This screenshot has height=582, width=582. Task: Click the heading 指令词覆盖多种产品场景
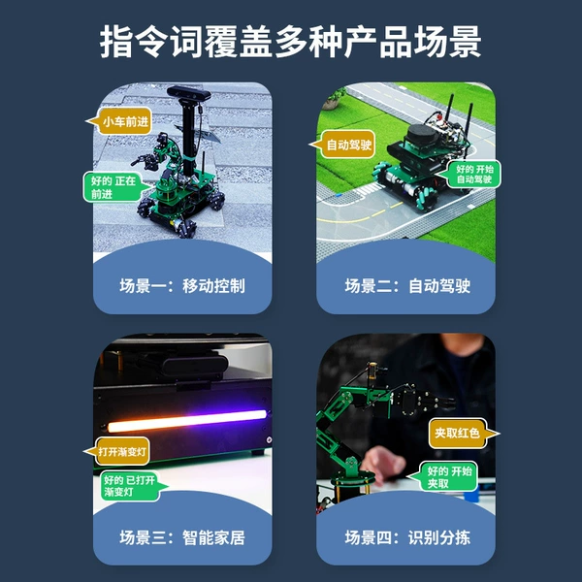point(291,42)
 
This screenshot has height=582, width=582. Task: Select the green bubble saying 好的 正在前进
point(115,187)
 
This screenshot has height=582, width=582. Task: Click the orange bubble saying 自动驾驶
point(343,144)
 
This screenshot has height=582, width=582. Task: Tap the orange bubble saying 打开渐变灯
point(118,451)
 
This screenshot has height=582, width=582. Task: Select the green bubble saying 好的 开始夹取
point(445,476)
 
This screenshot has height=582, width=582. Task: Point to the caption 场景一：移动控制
point(182,286)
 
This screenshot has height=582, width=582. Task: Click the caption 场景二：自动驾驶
point(407,286)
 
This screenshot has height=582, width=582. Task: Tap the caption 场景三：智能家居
point(182,537)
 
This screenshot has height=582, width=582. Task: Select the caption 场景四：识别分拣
point(407,537)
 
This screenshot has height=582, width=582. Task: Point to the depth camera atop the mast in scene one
point(188,93)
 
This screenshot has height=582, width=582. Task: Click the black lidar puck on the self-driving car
point(421,135)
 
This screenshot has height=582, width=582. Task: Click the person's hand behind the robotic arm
point(381,464)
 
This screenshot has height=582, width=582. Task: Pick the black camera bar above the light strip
point(193,367)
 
